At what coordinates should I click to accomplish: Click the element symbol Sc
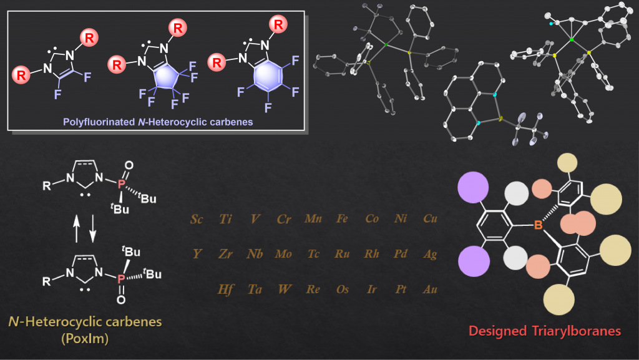click(x=197, y=219)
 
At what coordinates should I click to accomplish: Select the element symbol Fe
click(x=342, y=219)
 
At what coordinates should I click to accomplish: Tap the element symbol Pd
click(x=401, y=254)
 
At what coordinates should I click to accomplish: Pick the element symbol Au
click(x=430, y=289)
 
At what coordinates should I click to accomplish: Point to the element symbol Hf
click(x=225, y=289)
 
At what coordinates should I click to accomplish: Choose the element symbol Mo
click(x=283, y=254)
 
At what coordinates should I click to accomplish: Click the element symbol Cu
click(x=431, y=219)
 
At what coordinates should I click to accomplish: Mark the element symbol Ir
click(x=372, y=289)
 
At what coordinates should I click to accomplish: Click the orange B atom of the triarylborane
click(x=538, y=225)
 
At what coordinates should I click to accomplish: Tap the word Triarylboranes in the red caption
click(x=576, y=331)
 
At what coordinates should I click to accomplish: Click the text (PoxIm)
click(x=85, y=338)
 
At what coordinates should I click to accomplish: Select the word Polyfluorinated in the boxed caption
click(x=99, y=122)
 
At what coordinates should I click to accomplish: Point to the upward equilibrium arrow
click(x=77, y=229)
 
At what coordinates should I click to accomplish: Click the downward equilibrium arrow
click(x=93, y=229)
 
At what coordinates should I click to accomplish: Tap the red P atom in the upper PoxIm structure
click(x=121, y=184)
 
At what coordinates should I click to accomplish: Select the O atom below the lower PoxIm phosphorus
click(x=121, y=300)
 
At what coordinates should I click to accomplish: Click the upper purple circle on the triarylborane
click(x=473, y=187)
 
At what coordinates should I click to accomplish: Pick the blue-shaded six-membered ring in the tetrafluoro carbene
click(x=268, y=75)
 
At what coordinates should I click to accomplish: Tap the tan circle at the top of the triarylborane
click(x=567, y=162)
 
